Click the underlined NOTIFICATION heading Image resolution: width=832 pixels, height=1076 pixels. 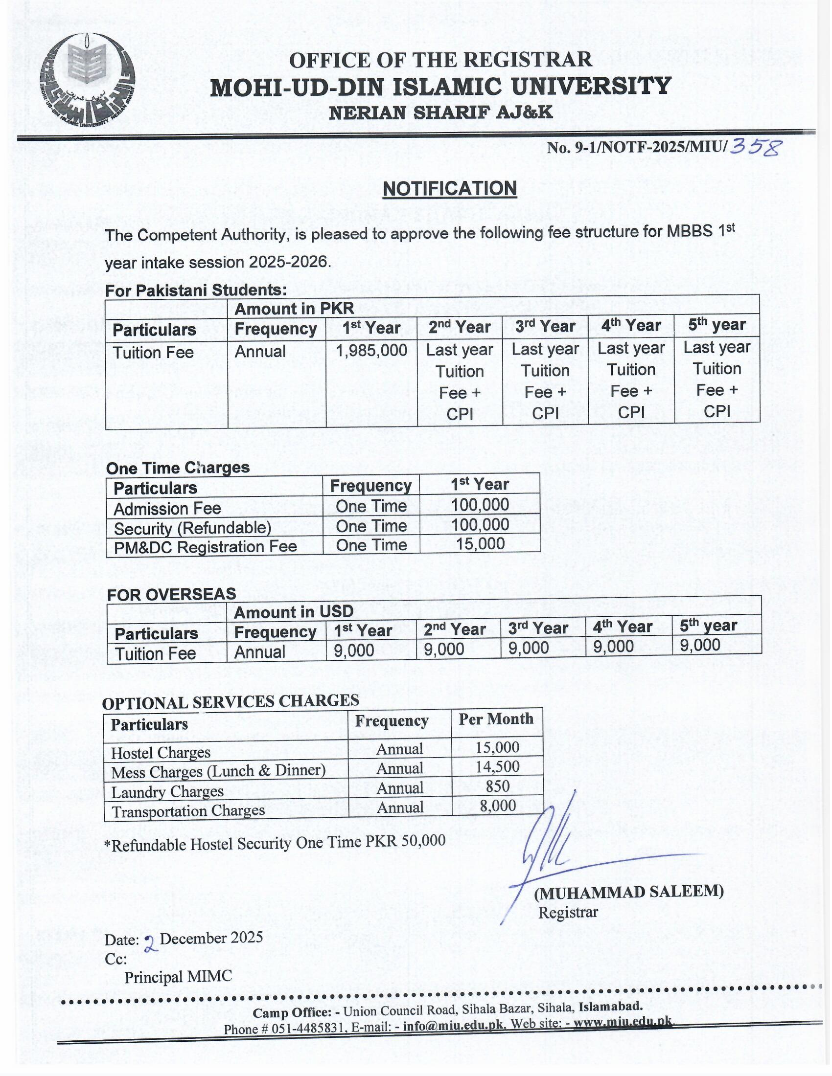pos(449,189)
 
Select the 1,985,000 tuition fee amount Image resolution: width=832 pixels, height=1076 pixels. pos(371,351)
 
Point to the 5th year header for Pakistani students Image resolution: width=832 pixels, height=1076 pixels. pos(716,325)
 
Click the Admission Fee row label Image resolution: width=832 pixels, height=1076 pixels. pos(167,509)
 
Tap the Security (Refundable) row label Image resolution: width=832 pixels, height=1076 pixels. pos(192,528)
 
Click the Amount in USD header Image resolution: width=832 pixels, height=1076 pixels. pos(294,612)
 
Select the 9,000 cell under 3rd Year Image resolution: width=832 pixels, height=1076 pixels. pos(529,649)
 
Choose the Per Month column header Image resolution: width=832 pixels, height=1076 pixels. pos(496,719)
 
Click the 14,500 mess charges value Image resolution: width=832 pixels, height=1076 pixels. pos(497,766)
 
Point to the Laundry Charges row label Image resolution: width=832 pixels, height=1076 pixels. pos(167,792)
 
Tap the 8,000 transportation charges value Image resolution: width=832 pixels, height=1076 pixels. pos(497,806)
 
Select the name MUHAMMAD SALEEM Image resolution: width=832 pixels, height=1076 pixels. pos(629,891)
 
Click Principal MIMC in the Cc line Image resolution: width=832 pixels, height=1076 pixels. pos(178,977)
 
